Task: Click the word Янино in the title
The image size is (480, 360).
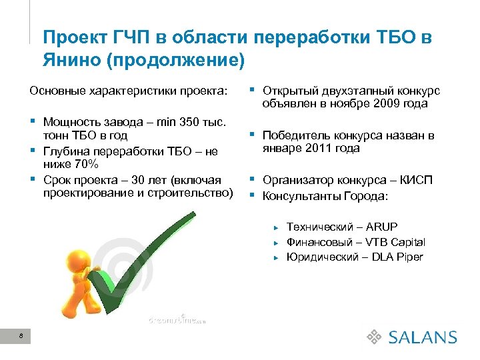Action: [x=69, y=60]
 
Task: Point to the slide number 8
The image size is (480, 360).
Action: [x=22, y=336]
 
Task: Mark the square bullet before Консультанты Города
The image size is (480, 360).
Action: [x=253, y=196]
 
